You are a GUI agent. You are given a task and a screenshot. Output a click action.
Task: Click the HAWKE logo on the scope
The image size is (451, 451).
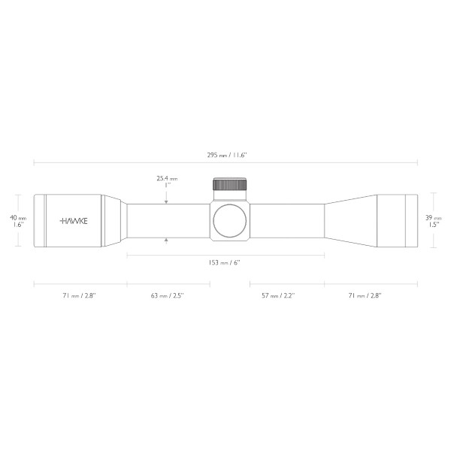tap(73, 221)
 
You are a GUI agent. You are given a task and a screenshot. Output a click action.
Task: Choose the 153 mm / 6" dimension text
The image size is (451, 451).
tap(225, 262)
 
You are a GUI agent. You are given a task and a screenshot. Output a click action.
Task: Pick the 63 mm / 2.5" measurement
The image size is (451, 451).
tap(167, 296)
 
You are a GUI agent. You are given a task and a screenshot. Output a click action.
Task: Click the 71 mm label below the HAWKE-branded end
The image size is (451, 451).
tap(80, 296)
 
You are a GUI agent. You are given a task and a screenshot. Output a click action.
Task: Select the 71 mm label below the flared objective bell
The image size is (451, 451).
tap(365, 296)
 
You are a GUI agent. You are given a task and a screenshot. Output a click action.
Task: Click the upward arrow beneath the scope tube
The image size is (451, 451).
tap(167, 240)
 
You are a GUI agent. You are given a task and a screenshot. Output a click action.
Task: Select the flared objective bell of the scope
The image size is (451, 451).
tap(353, 220)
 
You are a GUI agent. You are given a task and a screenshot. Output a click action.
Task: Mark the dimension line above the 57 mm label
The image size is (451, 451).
tap(286, 285)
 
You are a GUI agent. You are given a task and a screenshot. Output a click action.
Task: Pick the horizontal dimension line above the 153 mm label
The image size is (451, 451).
tap(225, 255)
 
